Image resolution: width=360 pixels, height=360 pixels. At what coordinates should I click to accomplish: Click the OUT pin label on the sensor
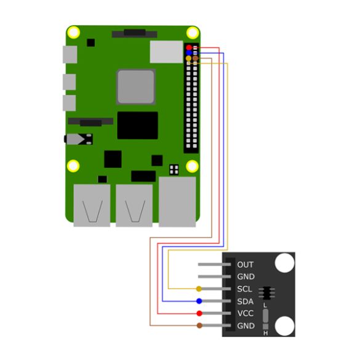coord(245,265)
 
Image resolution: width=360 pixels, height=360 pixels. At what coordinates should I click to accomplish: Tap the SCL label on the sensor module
coord(244,289)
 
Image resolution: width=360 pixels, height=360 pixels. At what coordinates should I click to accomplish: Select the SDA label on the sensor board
coord(245,301)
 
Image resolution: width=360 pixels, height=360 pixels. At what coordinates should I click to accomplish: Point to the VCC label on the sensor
coord(245,313)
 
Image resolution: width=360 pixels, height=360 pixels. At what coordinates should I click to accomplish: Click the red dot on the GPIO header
coord(189,47)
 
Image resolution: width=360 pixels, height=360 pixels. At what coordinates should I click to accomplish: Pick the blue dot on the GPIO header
coord(189,53)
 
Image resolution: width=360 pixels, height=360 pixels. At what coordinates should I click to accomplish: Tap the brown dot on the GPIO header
coord(195,58)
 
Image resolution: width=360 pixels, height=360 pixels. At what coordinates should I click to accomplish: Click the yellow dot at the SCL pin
coord(199,289)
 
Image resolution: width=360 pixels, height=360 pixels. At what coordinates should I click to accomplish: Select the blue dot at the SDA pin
coord(199,301)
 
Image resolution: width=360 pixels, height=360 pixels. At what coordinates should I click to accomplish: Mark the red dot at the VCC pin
coord(199,313)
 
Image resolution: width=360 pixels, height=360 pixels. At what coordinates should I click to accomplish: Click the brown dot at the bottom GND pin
coord(199,326)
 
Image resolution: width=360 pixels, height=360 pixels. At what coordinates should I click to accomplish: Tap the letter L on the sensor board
coord(265,305)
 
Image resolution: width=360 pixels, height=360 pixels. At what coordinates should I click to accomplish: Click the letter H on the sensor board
coord(265,333)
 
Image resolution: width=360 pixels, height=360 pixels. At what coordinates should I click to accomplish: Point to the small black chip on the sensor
coord(266,293)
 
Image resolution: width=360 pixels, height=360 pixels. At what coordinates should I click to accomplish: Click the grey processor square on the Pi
coord(135,87)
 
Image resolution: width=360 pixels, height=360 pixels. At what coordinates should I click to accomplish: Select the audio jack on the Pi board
coord(78,139)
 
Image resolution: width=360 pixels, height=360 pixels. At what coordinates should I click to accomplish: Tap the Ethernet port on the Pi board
coord(177,202)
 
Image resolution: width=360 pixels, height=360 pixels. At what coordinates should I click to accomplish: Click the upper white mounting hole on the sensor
coord(284,263)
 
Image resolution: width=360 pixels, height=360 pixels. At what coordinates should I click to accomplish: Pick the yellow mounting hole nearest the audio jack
coord(73,166)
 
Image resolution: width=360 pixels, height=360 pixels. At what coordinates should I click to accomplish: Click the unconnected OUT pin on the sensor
coord(214,265)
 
